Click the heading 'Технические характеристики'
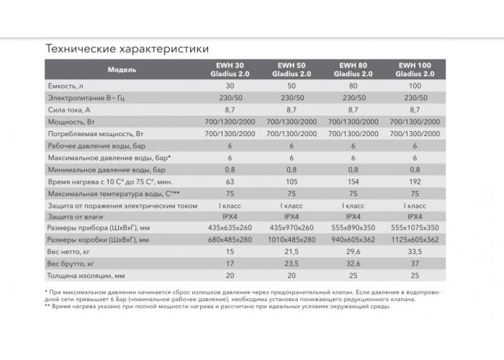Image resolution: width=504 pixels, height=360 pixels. (127, 48)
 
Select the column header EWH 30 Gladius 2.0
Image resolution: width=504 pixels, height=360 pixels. (230, 69)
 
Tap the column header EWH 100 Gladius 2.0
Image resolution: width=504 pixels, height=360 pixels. (415, 69)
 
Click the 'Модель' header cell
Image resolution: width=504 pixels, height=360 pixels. (122, 70)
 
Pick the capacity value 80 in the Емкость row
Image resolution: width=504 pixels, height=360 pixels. (353, 86)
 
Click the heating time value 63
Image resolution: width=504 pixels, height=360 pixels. (230, 181)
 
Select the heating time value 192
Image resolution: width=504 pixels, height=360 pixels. (415, 181)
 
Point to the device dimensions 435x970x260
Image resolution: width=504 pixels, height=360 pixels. (292, 228)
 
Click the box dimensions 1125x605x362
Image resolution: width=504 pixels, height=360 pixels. (415, 240)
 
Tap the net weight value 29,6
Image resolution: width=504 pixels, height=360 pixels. (353, 252)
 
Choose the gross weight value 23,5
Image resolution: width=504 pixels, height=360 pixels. (292, 264)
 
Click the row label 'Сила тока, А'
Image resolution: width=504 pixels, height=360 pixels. (69, 110)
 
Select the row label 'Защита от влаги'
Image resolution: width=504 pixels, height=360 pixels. (76, 217)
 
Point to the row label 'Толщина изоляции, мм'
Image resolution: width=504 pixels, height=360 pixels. (86, 276)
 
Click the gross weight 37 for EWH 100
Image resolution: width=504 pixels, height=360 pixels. (415, 264)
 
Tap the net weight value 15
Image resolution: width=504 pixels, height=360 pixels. (230, 252)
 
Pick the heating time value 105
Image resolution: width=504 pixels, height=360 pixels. (292, 181)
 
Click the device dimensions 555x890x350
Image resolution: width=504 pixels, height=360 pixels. (353, 228)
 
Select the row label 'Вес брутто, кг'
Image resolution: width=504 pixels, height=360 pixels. (71, 264)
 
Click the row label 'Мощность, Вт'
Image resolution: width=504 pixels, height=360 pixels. (71, 122)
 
